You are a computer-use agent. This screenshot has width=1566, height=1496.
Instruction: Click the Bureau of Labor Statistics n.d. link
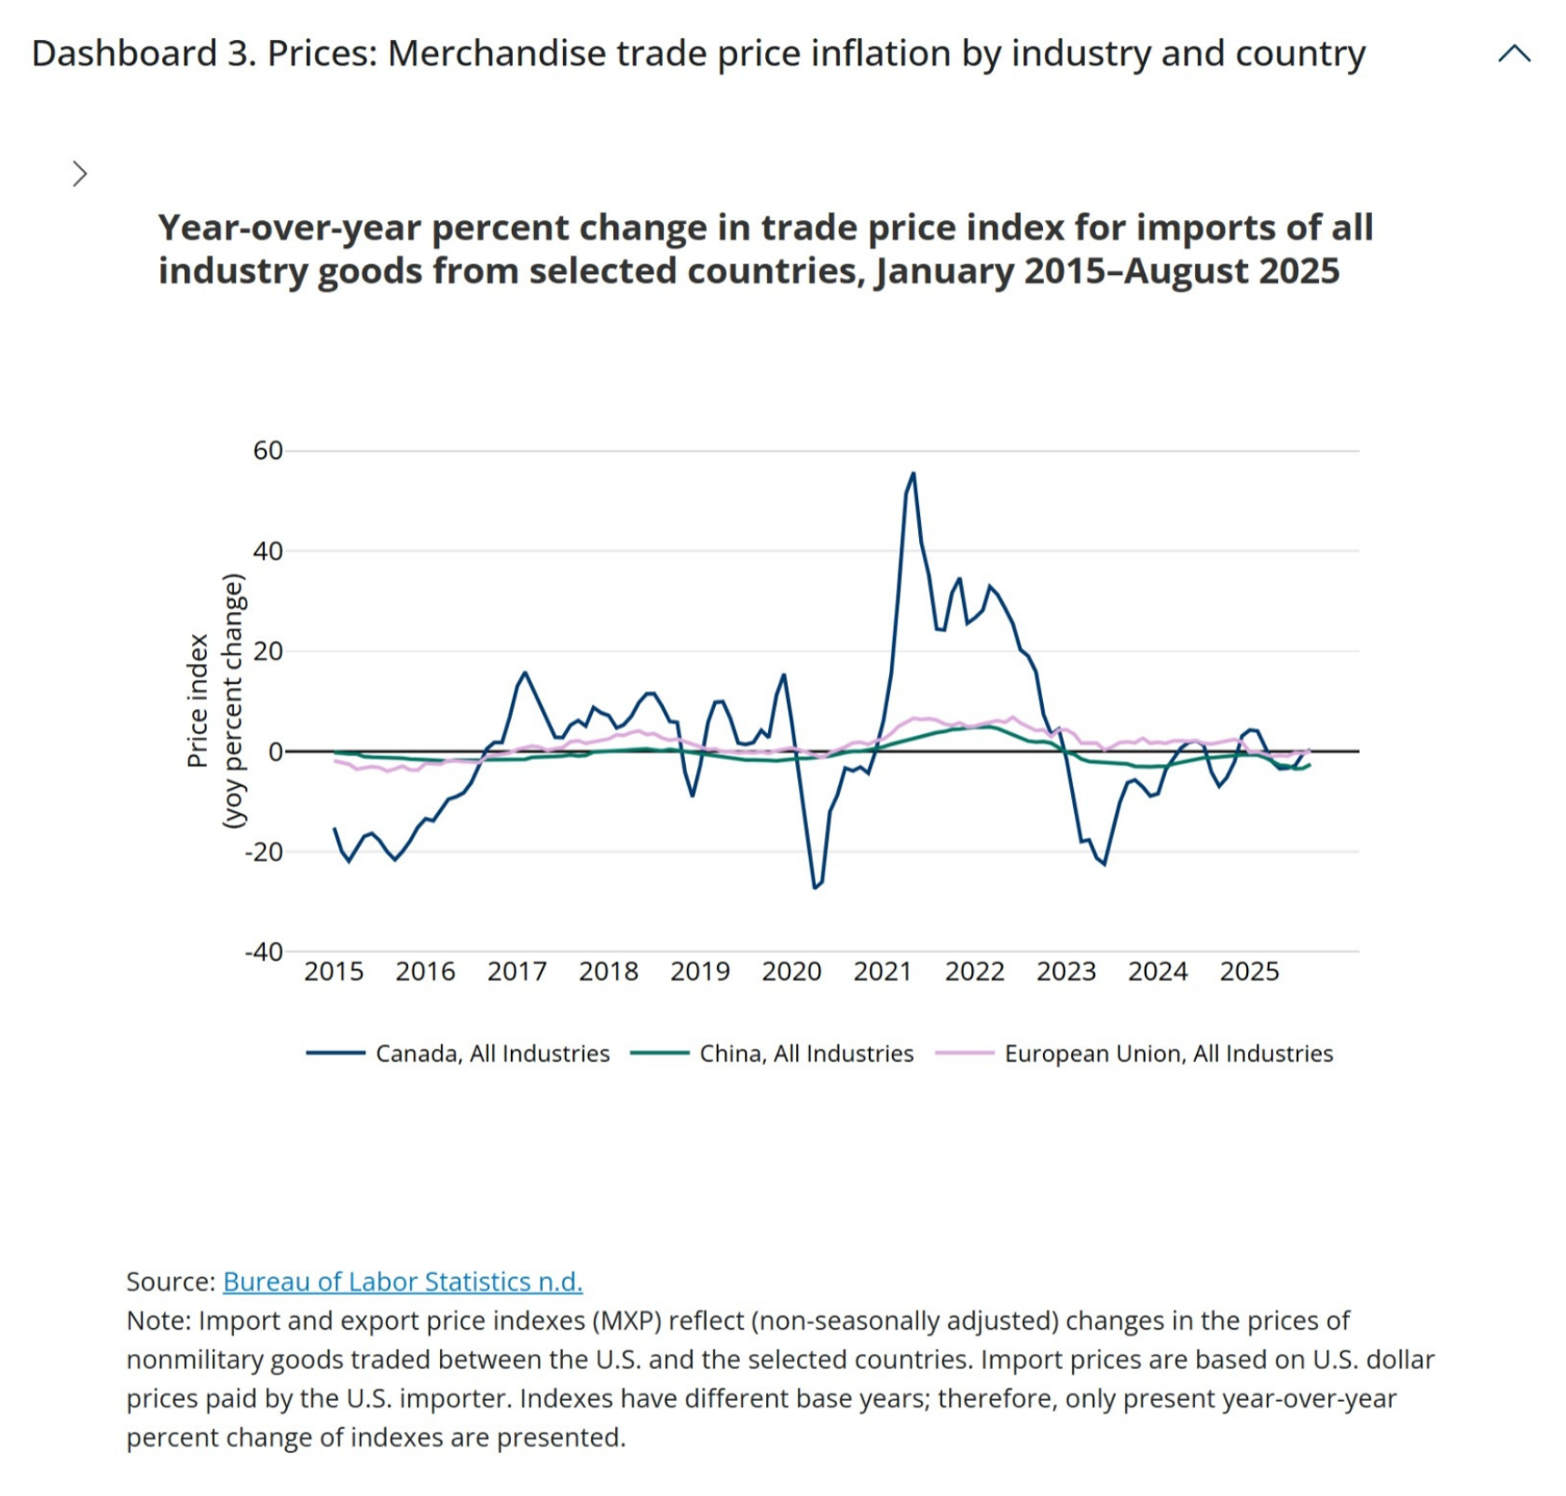tap(402, 1281)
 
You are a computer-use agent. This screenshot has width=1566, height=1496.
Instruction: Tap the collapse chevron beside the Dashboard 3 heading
tap(1514, 54)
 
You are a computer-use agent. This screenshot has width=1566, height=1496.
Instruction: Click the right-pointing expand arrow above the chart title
tap(80, 173)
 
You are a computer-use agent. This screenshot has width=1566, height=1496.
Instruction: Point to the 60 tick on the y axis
tap(268, 450)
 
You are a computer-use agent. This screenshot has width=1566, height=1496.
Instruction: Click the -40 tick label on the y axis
tap(264, 951)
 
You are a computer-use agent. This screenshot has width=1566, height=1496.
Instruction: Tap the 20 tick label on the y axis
tap(268, 651)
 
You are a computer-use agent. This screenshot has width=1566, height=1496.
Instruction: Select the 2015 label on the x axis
tap(334, 972)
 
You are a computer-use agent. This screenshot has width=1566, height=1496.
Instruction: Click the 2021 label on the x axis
tap(882, 972)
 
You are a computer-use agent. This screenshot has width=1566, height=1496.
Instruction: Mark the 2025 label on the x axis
tap(1249, 972)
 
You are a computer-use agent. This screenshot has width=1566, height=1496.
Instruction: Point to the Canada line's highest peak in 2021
tap(913, 473)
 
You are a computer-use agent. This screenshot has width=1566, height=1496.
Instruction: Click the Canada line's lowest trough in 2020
tap(814, 887)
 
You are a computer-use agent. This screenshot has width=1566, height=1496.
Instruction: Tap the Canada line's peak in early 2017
tap(525, 672)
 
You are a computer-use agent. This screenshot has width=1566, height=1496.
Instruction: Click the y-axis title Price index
tap(197, 700)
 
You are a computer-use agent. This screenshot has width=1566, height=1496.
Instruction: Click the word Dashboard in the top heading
tap(124, 54)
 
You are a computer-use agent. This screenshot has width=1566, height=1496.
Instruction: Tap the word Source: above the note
tap(171, 1281)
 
